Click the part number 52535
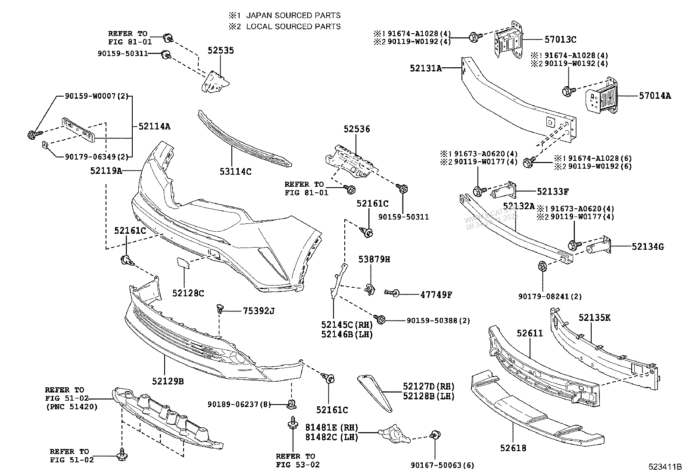[x=221, y=50]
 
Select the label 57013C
[x=560, y=39]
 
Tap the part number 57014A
[x=655, y=96]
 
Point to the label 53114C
[x=235, y=171]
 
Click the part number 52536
[x=356, y=129]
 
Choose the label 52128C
[x=188, y=293]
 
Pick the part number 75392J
[x=259, y=311]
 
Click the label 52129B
[x=168, y=381]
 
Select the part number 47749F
[x=436, y=295]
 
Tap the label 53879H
[x=374, y=259]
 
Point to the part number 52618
[x=513, y=448]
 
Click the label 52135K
[x=594, y=318]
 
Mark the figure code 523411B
[x=665, y=467]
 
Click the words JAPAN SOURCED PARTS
[x=293, y=15]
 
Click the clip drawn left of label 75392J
[x=220, y=309]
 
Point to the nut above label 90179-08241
[x=542, y=267]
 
